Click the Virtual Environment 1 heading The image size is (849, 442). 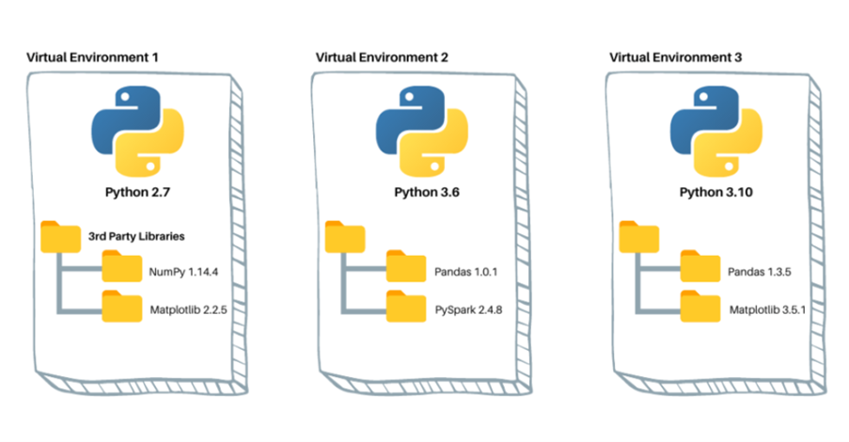91,57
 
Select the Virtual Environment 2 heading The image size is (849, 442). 382,57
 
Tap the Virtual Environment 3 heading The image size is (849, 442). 676,57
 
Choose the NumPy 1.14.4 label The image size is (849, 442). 182,273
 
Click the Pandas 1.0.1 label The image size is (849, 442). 467,273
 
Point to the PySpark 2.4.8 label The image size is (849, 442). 469,308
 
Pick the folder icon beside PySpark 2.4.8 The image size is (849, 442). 405,307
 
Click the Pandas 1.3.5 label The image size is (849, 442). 762,273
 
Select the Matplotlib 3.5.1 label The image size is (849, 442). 767,308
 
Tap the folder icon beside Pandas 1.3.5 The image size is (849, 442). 699,271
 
